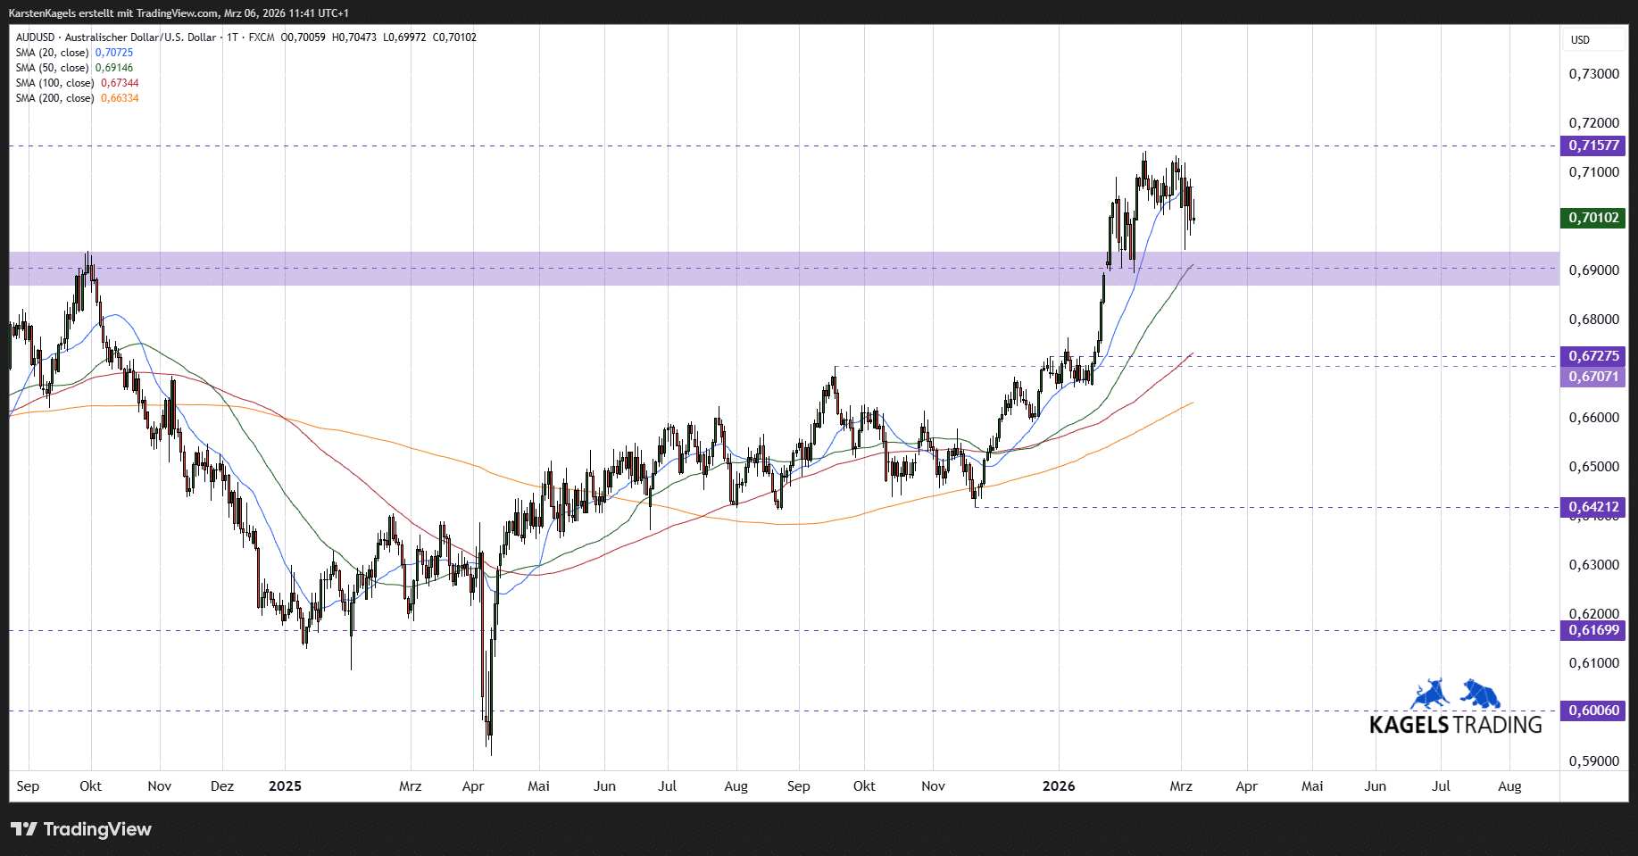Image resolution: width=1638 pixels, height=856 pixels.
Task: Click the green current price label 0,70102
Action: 1593,218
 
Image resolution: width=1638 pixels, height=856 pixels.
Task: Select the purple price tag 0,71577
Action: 1593,145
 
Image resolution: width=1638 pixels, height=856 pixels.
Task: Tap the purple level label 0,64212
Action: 1593,507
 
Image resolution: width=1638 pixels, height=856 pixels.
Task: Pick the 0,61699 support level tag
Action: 1593,630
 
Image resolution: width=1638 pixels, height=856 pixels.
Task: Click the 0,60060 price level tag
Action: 1593,711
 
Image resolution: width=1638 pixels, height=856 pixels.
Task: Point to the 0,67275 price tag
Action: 1593,356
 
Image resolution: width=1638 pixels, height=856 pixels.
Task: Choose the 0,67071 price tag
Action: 1593,377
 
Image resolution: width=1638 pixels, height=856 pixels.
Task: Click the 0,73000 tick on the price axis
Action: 1593,74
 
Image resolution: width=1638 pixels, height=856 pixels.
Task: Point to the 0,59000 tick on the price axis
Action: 1593,761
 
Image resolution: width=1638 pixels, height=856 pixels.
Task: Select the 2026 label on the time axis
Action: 1059,786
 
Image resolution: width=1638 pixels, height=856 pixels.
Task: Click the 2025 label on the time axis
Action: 285,786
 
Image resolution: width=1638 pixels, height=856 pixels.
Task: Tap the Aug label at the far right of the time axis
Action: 1509,786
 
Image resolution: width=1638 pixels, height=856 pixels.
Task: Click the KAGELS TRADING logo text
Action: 1455,725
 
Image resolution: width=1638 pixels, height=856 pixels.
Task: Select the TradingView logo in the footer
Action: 82,829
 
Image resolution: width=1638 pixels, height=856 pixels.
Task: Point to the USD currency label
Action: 1580,40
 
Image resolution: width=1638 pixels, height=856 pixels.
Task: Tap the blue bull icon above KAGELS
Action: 1430,694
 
